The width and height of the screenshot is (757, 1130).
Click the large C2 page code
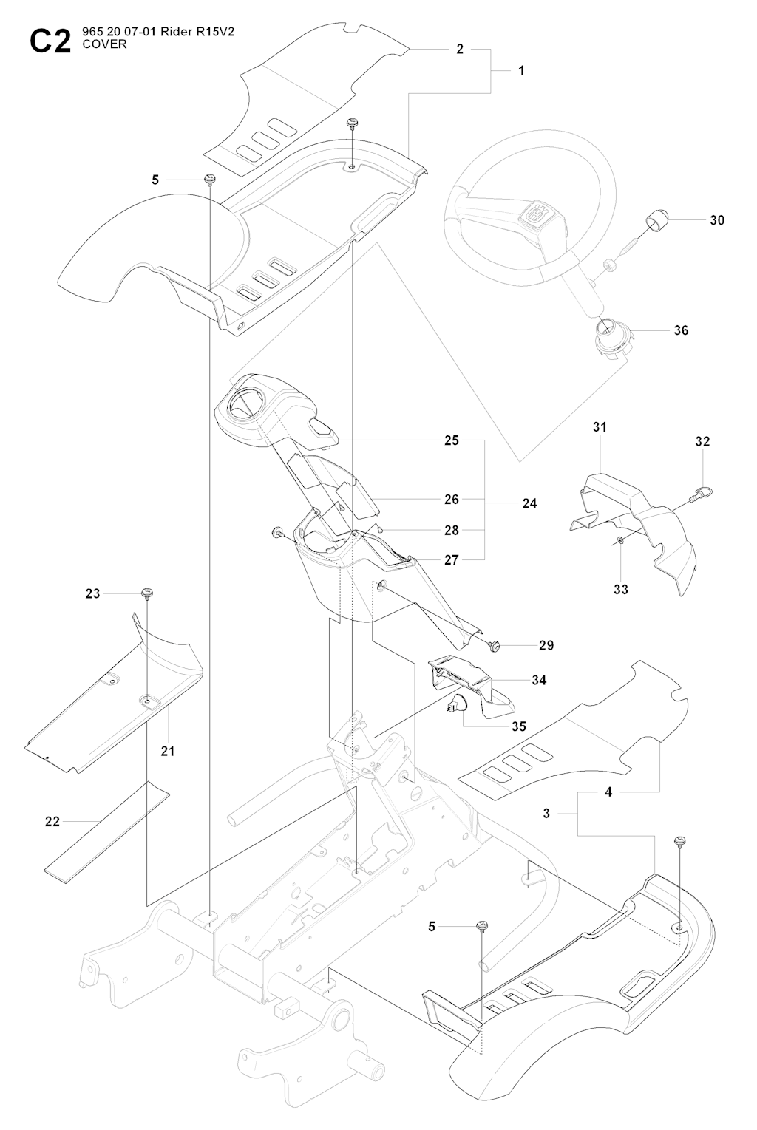point(49,41)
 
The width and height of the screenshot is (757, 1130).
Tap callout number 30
point(716,220)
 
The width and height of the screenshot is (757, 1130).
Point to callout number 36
point(681,330)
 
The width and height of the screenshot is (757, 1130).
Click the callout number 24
point(529,503)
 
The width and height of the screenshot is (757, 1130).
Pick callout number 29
point(546,645)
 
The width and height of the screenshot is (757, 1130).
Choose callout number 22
point(52,821)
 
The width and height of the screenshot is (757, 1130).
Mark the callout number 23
point(92,593)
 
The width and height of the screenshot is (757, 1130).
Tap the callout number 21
point(168,751)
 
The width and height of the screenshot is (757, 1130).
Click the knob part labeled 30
point(656,219)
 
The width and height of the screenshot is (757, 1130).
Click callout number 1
point(521,71)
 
